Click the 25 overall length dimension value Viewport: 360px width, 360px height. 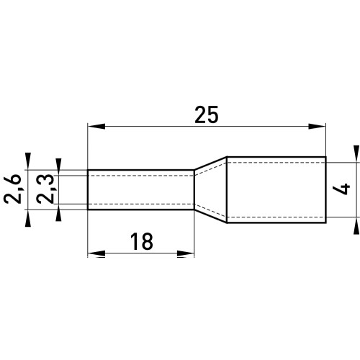[x=207, y=114]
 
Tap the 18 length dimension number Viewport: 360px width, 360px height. [x=142, y=241]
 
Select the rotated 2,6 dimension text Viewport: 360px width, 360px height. [x=13, y=189]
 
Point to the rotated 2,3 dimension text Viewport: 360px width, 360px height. [x=45, y=189]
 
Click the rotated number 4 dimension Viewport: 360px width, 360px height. [x=341, y=189]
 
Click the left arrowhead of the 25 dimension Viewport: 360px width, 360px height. [x=96, y=126]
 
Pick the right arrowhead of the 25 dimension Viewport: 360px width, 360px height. [x=317, y=126]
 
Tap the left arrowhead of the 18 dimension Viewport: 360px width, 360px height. [x=96, y=253]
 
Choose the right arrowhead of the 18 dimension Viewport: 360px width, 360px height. [x=185, y=253]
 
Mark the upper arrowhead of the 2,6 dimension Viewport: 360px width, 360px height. [x=28, y=161]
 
